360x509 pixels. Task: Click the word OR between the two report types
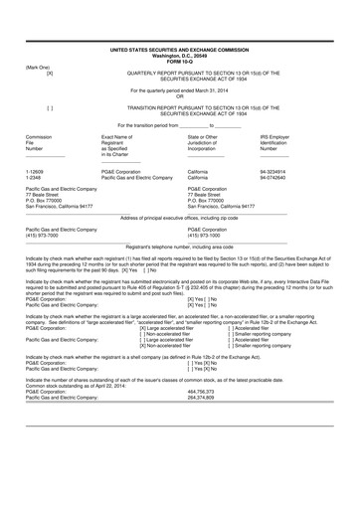pos(180,95)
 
